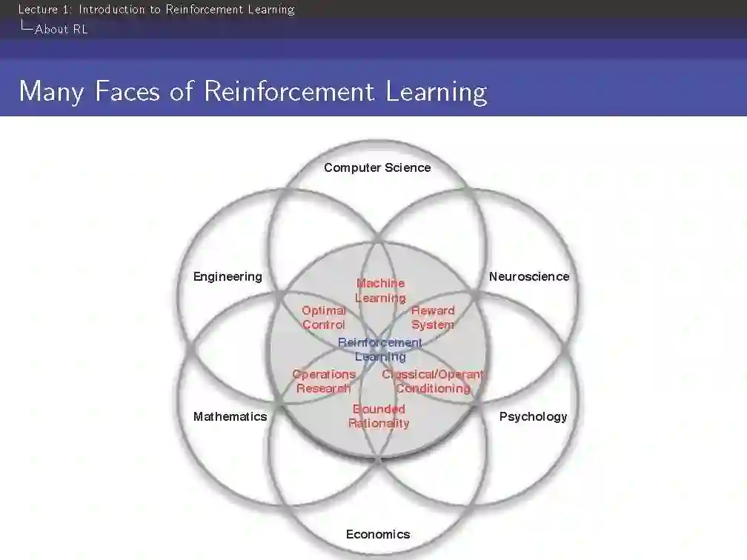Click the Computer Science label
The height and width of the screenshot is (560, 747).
[x=376, y=167]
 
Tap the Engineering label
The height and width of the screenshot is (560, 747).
[x=228, y=276]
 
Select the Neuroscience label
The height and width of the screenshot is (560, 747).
[x=528, y=276]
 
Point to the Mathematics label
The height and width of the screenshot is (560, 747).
[x=230, y=416]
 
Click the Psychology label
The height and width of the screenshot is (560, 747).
[x=533, y=416]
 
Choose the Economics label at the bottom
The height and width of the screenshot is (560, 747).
[x=377, y=534]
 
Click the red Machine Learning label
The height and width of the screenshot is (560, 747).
[x=380, y=290]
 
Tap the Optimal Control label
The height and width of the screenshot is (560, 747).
[x=324, y=318]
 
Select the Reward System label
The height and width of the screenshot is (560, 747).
[x=433, y=318]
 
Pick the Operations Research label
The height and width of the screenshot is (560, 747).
[x=324, y=381]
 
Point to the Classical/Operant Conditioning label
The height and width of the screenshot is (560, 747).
[x=433, y=381]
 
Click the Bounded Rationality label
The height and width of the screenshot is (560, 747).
[x=379, y=416]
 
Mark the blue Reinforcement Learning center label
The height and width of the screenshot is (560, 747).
[x=380, y=350]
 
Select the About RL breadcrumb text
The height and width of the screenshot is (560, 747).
[x=61, y=30]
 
